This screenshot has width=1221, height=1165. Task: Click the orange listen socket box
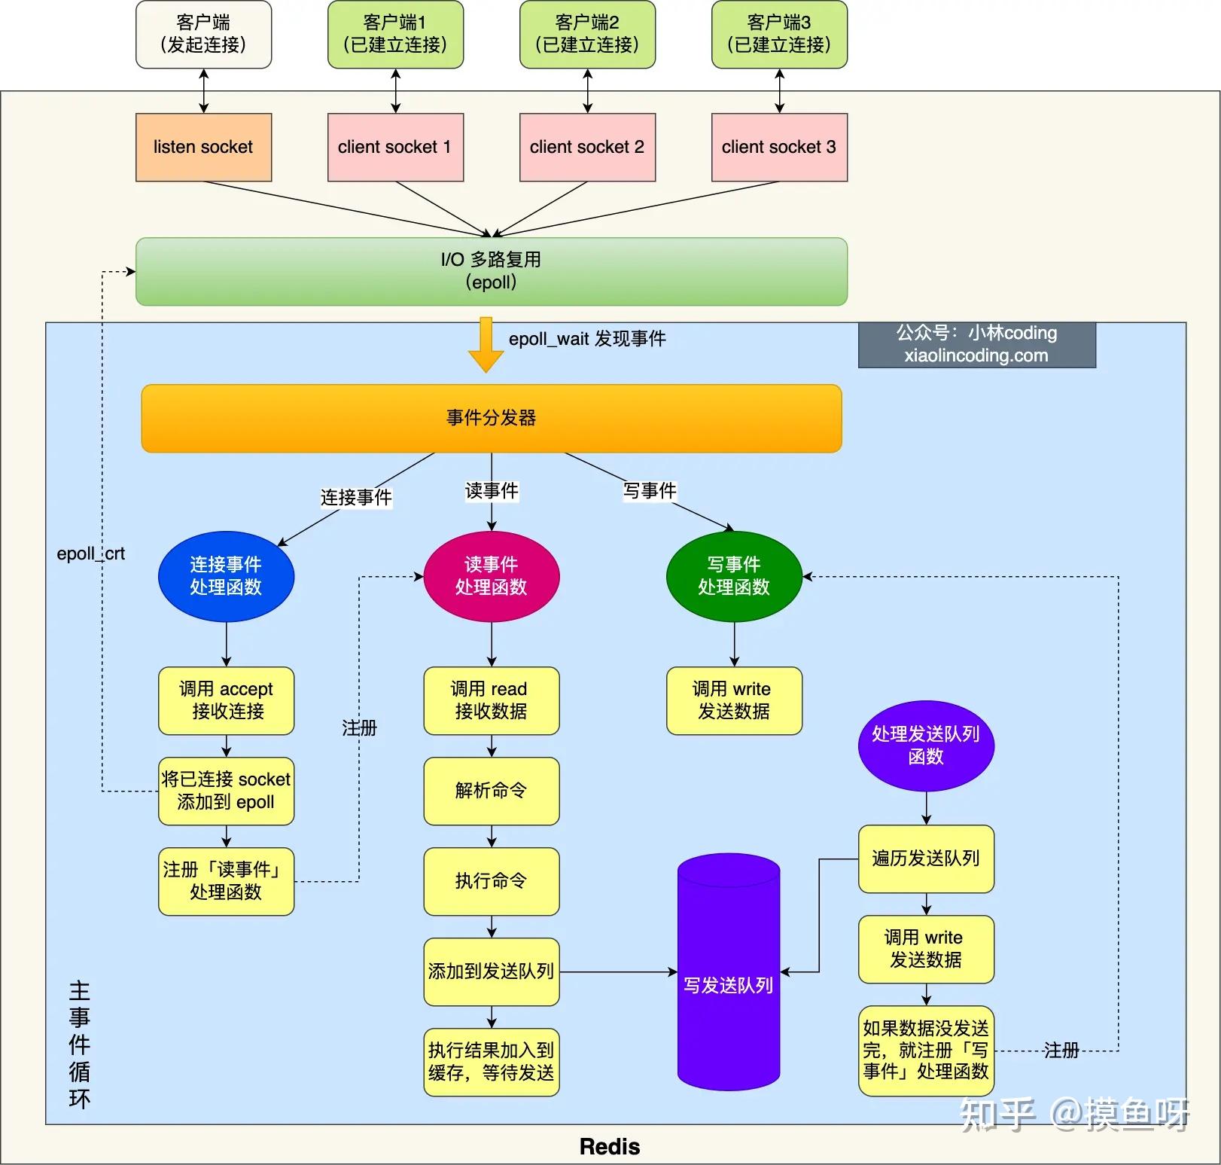(x=203, y=147)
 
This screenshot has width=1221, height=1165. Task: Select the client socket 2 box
(x=587, y=147)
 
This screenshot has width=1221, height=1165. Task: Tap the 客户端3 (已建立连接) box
(x=779, y=35)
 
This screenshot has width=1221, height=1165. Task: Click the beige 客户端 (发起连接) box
(x=203, y=35)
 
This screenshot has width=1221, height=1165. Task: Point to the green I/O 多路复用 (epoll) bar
(x=491, y=271)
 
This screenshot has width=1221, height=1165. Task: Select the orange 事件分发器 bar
(x=491, y=418)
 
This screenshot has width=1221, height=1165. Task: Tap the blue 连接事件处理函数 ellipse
(x=226, y=576)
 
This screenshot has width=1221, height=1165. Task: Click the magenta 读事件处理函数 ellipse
(x=491, y=576)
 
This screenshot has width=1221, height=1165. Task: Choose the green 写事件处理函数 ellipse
(x=734, y=576)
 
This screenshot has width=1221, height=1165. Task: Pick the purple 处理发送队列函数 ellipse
(x=926, y=746)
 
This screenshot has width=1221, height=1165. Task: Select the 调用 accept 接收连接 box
(x=226, y=700)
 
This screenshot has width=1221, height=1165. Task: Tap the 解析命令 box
(x=491, y=791)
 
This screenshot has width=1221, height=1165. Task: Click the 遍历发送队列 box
(x=926, y=859)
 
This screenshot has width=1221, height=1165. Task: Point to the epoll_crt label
(x=90, y=554)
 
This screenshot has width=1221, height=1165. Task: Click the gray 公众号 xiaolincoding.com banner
(x=976, y=345)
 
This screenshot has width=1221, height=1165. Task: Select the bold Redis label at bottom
(x=610, y=1146)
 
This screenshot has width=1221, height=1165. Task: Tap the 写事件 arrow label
(x=650, y=491)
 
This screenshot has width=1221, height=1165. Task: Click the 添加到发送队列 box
(x=491, y=971)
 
